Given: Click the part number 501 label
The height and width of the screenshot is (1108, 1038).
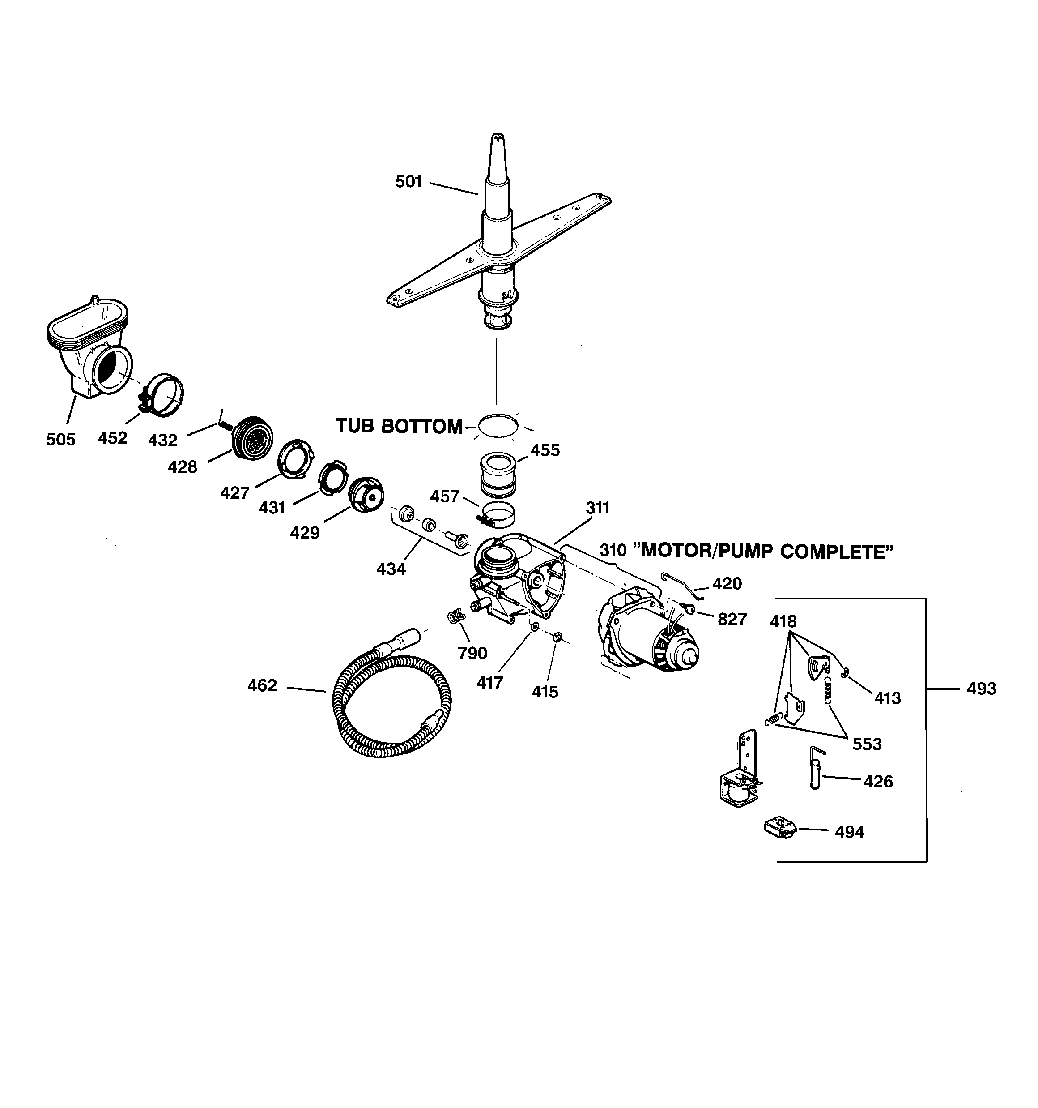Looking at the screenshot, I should pos(408,182).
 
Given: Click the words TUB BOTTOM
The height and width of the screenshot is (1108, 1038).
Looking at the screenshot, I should pos(399,426).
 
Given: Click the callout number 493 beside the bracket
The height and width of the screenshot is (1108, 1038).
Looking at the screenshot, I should pos(981,689).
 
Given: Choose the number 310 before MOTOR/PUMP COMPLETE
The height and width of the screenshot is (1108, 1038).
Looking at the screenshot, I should pos(613,551).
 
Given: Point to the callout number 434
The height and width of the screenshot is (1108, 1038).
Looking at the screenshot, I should pos(391,569).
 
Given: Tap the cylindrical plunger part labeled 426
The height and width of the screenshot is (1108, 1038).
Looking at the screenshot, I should pos(815,769).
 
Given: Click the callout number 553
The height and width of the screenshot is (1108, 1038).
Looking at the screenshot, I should pos(867,744).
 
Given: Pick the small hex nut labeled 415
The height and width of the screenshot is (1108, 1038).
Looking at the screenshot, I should pos(558,637).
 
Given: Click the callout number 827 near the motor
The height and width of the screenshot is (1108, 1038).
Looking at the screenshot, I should pos(732,619).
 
